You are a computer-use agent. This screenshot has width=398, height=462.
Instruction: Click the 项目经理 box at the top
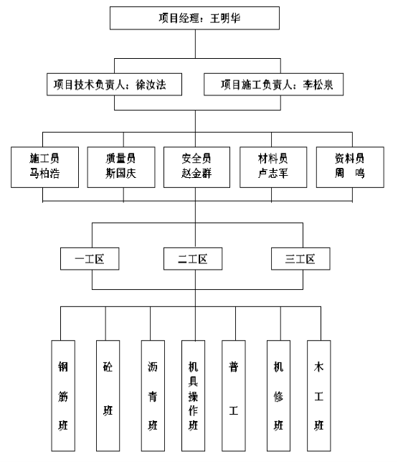pyautogui.click(x=194, y=18)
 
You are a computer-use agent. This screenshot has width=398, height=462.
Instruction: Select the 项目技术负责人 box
pyautogui.click(x=114, y=84)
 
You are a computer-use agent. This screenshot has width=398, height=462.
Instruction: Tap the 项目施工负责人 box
pyautogui.click(x=273, y=84)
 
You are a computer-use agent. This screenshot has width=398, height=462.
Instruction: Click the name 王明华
pyautogui.click(x=225, y=18)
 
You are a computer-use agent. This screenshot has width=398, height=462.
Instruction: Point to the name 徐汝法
pyautogui.click(x=151, y=85)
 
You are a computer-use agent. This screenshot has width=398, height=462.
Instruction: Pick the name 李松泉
pyautogui.click(x=318, y=85)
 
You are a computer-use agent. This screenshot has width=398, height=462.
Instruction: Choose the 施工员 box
pyautogui.click(x=44, y=167)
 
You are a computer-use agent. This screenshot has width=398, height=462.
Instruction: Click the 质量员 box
pyautogui.click(x=121, y=167)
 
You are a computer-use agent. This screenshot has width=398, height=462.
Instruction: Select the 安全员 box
pyautogui.click(x=196, y=167)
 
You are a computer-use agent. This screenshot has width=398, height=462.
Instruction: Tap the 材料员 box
pyautogui.click(x=273, y=167)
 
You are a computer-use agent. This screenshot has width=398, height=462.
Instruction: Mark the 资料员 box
pyautogui.click(x=350, y=167)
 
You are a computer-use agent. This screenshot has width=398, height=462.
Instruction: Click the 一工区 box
pyautogui.click(x=90, y=259)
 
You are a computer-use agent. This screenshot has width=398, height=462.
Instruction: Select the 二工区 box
pyautogui.click(x=193, y=259)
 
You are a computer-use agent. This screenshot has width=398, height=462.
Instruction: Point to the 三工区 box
pyautogui.click(x=300, y=259)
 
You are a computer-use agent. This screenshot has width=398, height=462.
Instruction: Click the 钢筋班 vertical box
pyautogui.click(x=63, y=396)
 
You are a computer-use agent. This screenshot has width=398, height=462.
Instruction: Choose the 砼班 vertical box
pyautogui.click(x=108, y=396)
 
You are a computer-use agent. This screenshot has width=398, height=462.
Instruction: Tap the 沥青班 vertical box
pyautogui.click(x=153, y=396)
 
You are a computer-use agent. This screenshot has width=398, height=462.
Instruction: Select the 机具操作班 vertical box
pyautogui.click(x=193, y=396)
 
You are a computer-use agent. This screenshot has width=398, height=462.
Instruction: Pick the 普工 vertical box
pyautogui.click(x=234, y=396)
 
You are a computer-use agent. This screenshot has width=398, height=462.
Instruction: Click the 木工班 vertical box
pyautogui.click(x=318, y=396)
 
